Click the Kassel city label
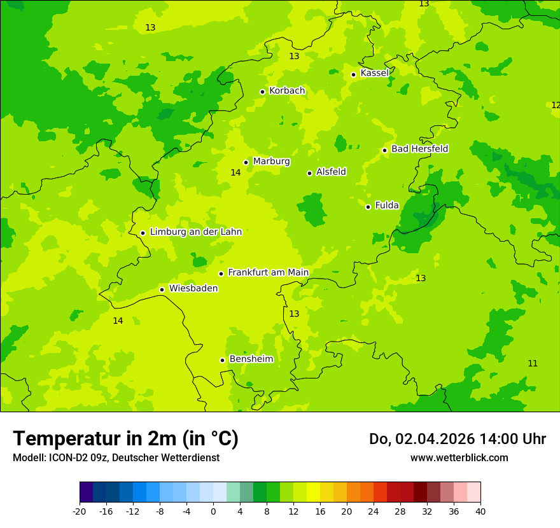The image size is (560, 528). click(374, 73)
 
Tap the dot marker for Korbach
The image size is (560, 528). click(262, 92)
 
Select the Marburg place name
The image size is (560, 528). click(271, 162)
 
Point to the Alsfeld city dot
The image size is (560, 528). click(310, 173)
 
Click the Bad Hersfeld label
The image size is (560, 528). click(419, 149)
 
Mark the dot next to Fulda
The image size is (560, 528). click(368, 207)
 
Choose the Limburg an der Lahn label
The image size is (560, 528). click(195, 232)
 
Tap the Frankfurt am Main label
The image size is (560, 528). click(268, 272)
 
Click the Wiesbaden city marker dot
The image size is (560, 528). click(162, 289)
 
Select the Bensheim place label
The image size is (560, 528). click(251, 359)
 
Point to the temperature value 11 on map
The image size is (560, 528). click(533, 363)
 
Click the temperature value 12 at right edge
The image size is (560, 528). click(556, 105)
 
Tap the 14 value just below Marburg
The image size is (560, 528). click(235, 172)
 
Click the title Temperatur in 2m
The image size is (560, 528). click(125, 438)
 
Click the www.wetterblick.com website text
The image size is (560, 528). click(459, 458)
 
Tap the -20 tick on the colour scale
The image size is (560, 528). click(80, 511)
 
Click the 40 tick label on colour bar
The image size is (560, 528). click(480, 511)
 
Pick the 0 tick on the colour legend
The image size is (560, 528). click(213, 511)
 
